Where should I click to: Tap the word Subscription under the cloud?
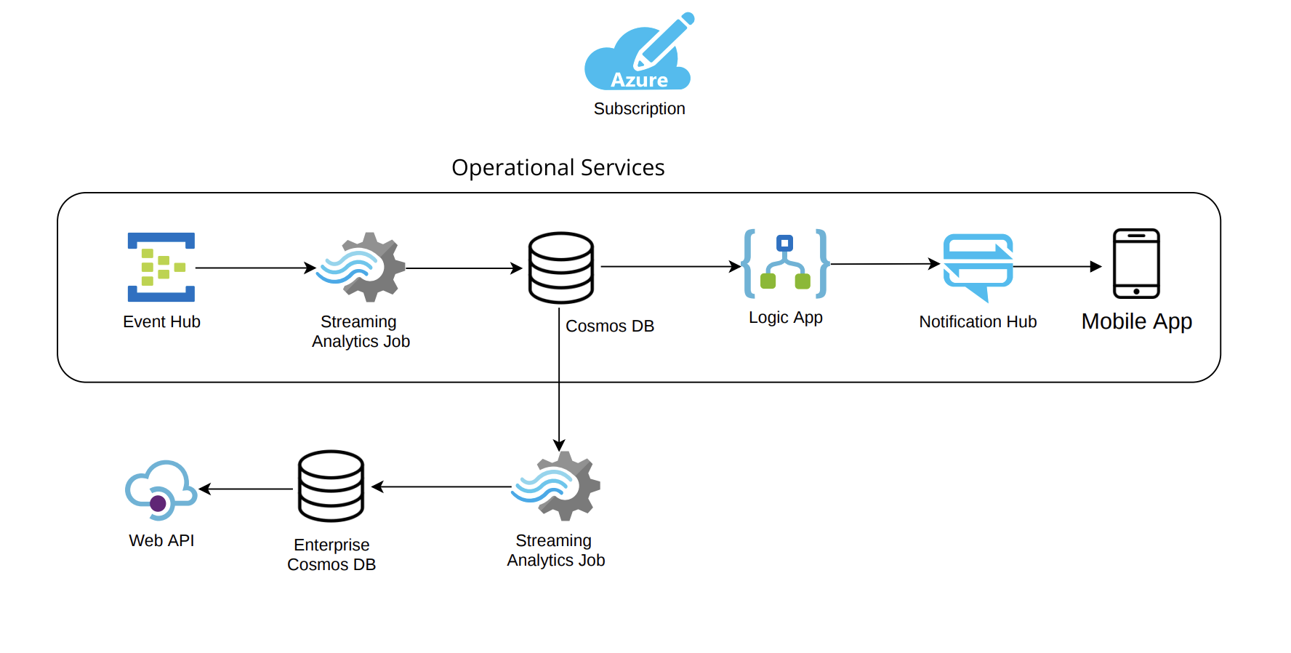[x=639, y=109]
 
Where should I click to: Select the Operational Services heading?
[x=558, y=168]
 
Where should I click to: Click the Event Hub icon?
[x=161, y=267]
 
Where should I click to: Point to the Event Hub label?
[x=161, y=321]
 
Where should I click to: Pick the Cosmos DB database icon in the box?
[x=560, y=268]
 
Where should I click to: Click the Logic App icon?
[x=785, y=264]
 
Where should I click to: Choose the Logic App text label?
[x=785, y=318]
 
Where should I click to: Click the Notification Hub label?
[x=978, y=321]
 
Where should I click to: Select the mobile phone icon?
[x=1136, y=263]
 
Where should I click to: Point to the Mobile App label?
[x=1136, y=321]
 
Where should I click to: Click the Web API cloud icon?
[x=161, y=489]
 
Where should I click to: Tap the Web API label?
[x=161, y=540]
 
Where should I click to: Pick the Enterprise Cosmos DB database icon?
[x=331, y=486]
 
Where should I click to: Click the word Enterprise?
[x=331, y=545]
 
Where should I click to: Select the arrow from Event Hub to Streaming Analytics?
[x=255, y=268]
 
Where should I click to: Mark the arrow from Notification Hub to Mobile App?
[x=1058, y=267]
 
